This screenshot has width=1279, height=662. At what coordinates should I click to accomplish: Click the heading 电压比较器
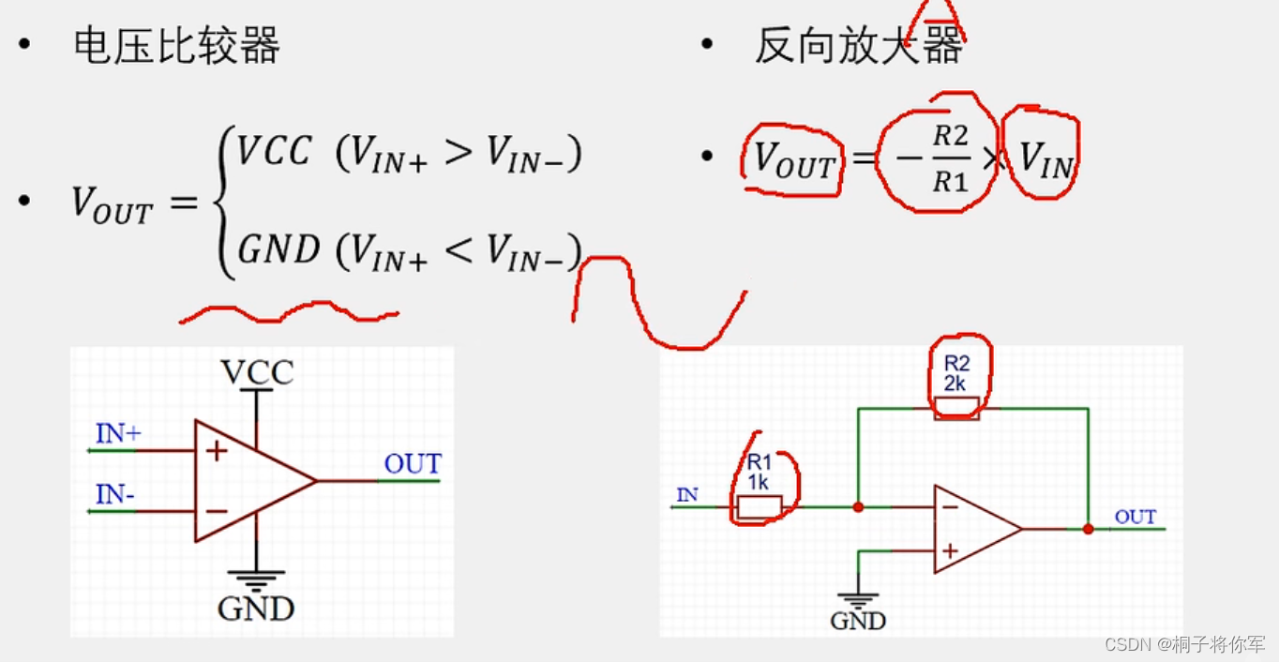(x=176, y=46)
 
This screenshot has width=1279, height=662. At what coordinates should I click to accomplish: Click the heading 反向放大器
(x=858, y=46)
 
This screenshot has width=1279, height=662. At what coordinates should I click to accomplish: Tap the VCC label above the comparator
(x=257, y=373)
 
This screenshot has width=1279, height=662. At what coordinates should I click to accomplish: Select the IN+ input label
(x=118, y=434)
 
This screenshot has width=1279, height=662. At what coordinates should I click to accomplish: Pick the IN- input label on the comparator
(x=115, y=494)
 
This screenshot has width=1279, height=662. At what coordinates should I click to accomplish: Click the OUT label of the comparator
(x=413, y=464)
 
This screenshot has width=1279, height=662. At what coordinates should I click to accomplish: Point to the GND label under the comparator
(x=256, y=609)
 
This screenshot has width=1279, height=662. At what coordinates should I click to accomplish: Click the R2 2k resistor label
(x=956, y=374)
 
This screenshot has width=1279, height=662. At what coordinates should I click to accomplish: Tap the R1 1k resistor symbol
(x=759, y=507)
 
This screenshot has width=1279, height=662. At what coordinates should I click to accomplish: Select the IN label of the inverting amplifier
(x=687, y=494)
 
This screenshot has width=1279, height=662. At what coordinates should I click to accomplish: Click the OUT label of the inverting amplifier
(x=1135, y=517)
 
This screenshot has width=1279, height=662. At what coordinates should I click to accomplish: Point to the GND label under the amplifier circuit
(x=858, y=621)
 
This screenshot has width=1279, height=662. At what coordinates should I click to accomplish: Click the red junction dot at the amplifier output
(x=1088, y=529)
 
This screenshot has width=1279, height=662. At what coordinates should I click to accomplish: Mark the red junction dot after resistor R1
(x=857, y=507)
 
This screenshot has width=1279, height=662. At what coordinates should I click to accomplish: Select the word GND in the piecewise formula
(x=278, y=250)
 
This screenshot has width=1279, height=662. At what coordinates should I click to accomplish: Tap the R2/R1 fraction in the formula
(x=949, y=158)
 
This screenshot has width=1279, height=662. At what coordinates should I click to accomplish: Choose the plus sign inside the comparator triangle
(x=217, y=451)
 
